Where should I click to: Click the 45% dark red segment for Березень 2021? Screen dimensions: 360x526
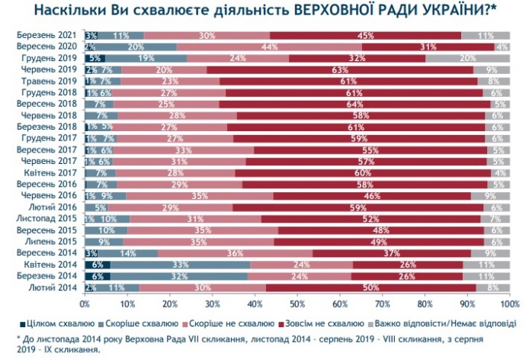pos(365,36)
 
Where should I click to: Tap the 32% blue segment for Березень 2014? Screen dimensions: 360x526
pos(180,275)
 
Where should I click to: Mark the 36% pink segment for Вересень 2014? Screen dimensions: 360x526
pos(236,252)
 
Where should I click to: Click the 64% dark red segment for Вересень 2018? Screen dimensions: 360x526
pos(354,103)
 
